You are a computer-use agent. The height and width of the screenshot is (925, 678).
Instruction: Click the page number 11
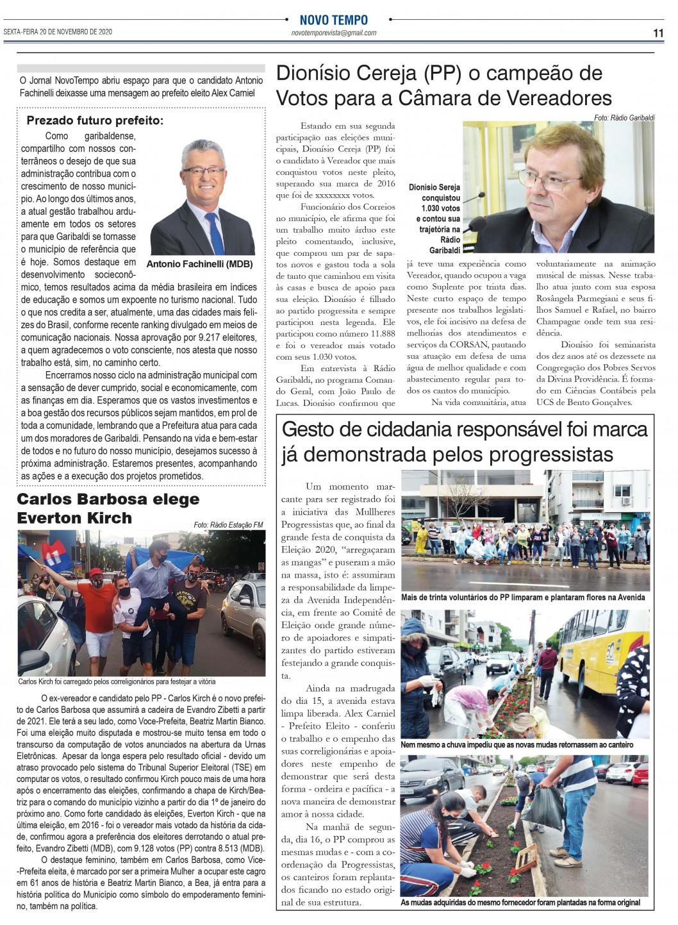658,33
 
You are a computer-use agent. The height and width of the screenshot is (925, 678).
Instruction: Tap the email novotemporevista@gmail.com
333,33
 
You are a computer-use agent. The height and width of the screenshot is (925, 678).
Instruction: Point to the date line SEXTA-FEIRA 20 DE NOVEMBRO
58,31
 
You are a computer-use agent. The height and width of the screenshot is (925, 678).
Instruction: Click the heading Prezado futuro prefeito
95,121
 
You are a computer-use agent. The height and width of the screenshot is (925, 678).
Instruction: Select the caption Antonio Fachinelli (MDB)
200,264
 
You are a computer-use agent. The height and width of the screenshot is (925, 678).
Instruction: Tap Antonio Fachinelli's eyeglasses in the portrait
203,171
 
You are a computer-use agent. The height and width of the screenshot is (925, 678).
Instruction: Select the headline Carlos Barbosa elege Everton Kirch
108,508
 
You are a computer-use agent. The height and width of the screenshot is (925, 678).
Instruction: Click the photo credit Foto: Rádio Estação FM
228,525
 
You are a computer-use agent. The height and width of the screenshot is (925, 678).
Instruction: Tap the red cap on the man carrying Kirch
95,572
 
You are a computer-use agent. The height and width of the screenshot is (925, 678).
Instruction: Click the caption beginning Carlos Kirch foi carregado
117,681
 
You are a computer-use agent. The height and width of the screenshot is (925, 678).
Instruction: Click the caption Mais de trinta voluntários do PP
522,597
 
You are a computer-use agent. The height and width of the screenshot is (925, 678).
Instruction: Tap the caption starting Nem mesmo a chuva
517,745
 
